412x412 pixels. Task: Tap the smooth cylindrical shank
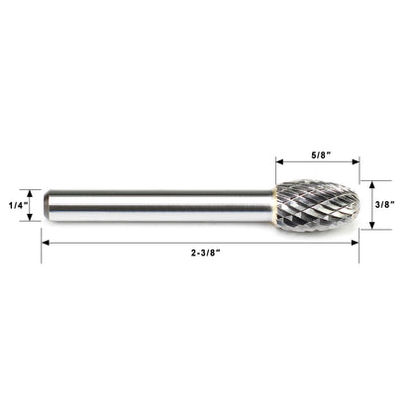pos(158,205)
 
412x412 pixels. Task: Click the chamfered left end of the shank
pos(45,205)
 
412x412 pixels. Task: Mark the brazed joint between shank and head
pos(276,204)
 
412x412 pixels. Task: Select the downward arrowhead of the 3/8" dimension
pos(368,226)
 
